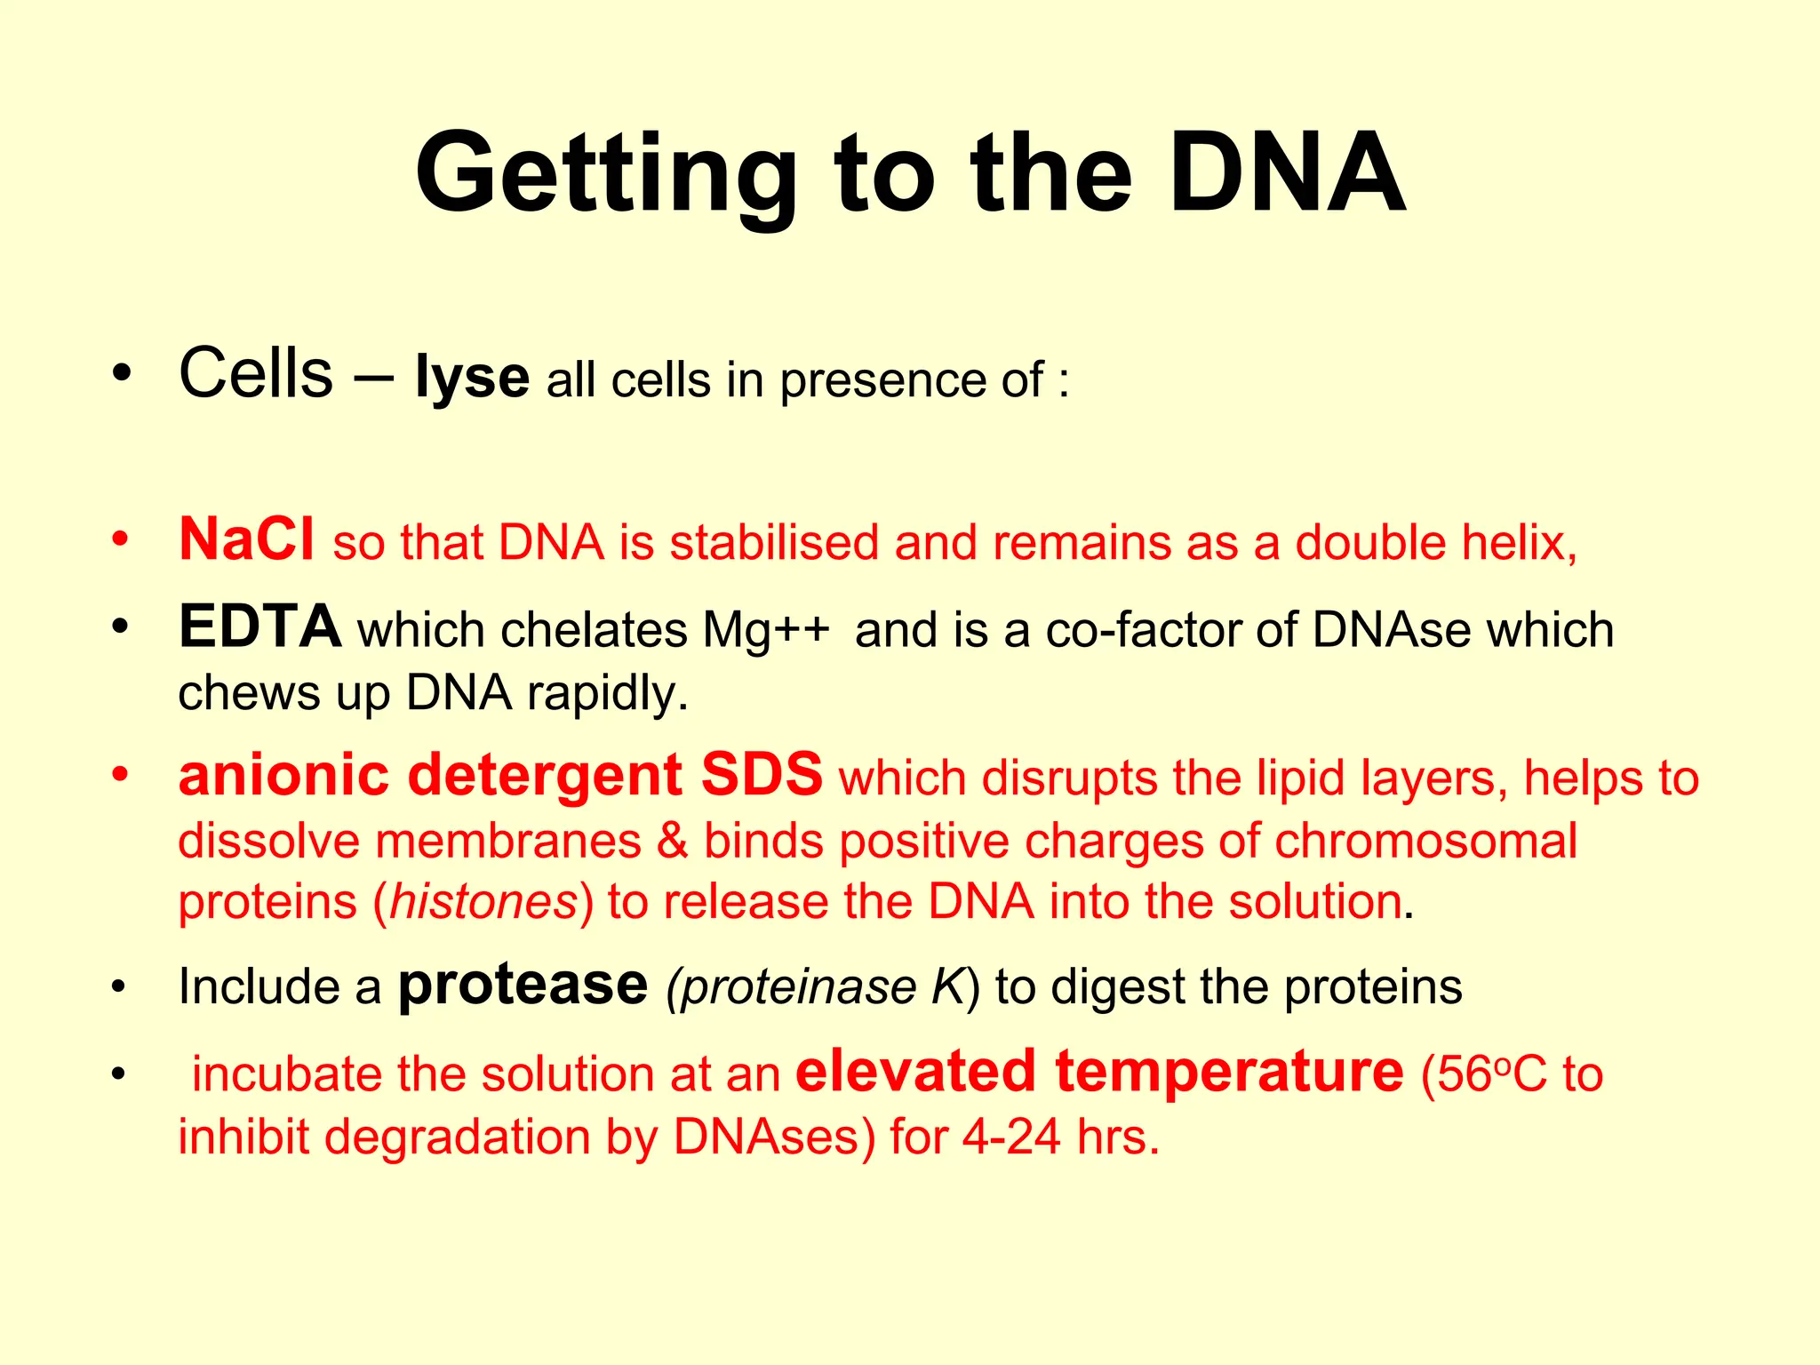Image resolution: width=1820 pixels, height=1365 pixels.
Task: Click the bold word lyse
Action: click(472, 378)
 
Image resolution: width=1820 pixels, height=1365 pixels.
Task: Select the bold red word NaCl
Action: click(246, 539)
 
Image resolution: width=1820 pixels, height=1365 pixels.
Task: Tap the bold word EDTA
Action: click(259, 627)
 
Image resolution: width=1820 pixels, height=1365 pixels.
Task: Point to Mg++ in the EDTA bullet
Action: click(766, 630)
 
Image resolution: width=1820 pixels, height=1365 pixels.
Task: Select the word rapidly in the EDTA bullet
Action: click(608, 693)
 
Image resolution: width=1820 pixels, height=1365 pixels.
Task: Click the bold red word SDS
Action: click(762, 775)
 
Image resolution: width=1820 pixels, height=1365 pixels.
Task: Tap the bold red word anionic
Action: click(283, 775)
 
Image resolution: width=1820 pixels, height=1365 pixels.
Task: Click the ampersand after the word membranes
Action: click(673, 841)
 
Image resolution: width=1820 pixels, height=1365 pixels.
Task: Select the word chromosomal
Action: click(1425, 841)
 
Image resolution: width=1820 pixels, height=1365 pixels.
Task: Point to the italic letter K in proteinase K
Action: click(947, 986)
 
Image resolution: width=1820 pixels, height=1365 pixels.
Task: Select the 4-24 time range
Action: click(1011, 1137)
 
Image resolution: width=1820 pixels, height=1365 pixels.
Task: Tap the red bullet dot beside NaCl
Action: click(121, 539)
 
